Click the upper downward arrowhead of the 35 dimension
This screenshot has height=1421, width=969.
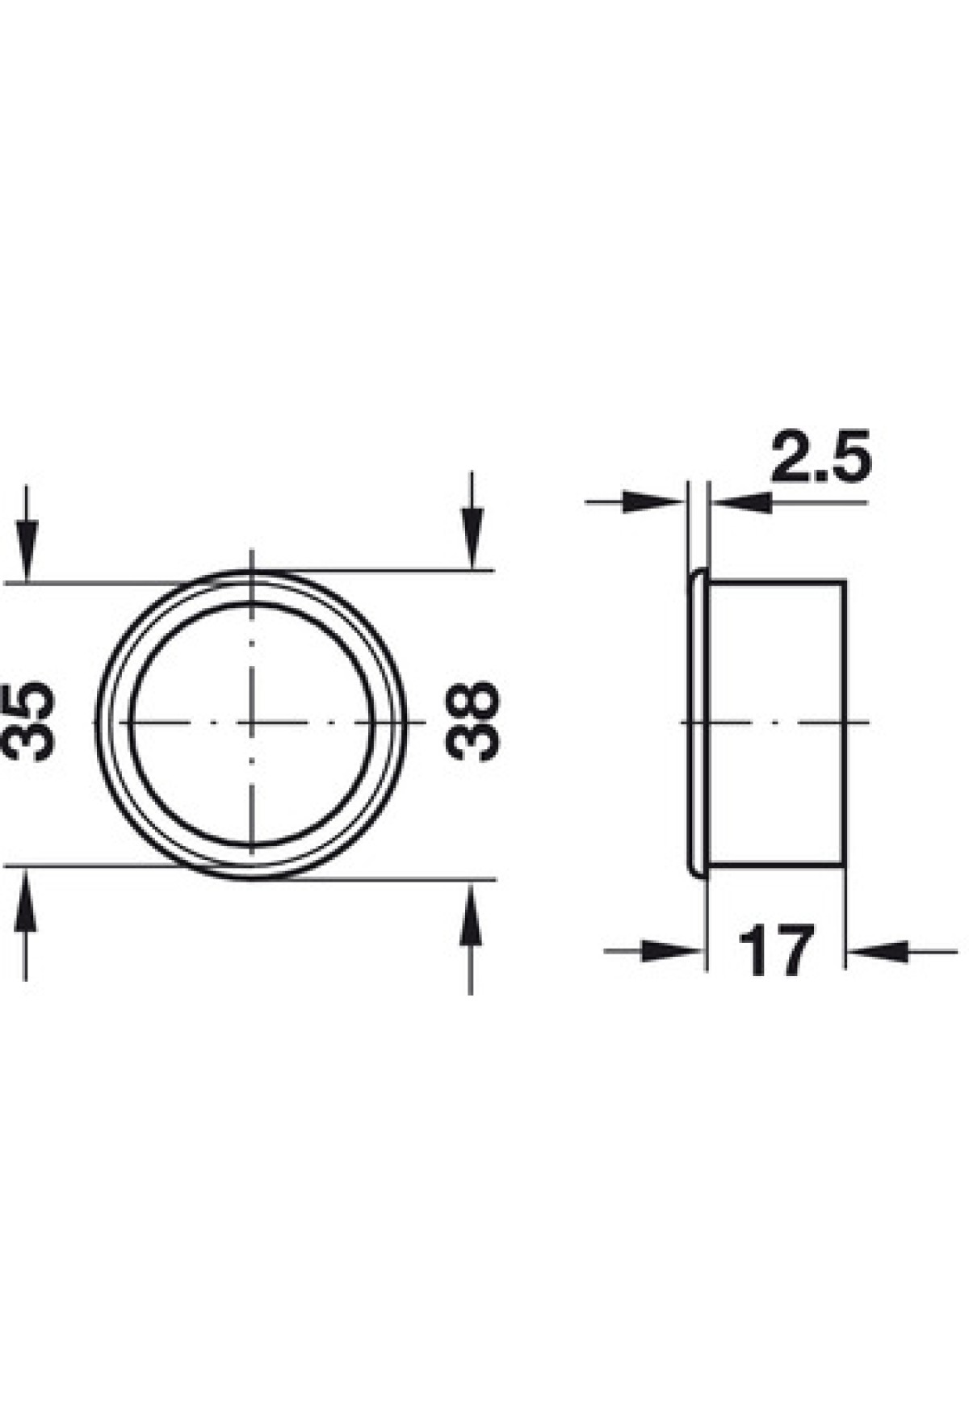(27, 551)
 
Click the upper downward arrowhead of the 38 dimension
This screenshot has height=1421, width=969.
(472, 539)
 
